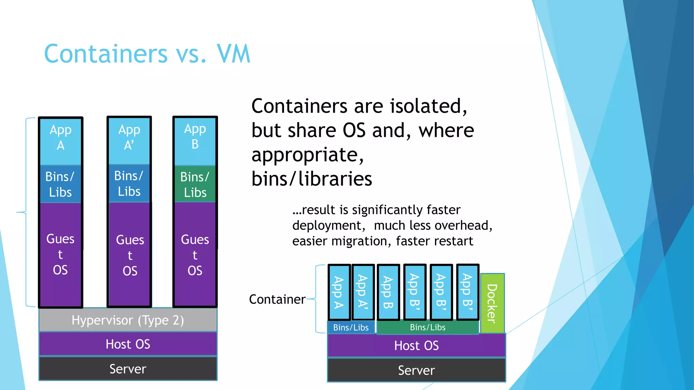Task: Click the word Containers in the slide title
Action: (x=106, y=54)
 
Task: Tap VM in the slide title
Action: (x=233, y=54)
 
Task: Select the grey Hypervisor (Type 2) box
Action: (x=128, y=320)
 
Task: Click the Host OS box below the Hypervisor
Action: (x=128, y=344)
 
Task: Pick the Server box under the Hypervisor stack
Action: (x=128, y=369)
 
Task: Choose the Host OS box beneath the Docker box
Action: (x=416, y=345)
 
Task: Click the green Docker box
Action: (x=492, y=303)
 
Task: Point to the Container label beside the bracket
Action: (x=277, y=299)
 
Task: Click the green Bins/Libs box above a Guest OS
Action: (x=195, y=185)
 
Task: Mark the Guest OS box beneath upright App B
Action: (x=195, y=255)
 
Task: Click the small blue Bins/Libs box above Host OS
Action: (x=351, y=327)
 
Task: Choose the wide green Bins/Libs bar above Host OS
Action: (x=428, y=327)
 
